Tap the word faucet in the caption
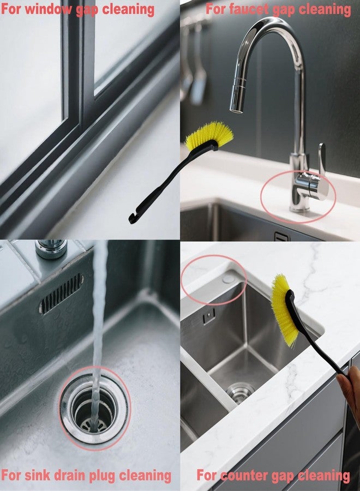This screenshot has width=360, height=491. (x=249, y=9)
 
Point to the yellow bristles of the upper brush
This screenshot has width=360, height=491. (x=209, y=134)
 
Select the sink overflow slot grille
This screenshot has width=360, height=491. (x=61, y=294)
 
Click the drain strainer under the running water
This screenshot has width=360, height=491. (x=94, y=410)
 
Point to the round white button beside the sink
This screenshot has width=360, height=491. (x=228, y=278)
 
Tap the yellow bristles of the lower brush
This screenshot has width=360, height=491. (x=283, y=310)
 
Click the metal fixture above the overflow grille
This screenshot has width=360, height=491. (x=51, y=249)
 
